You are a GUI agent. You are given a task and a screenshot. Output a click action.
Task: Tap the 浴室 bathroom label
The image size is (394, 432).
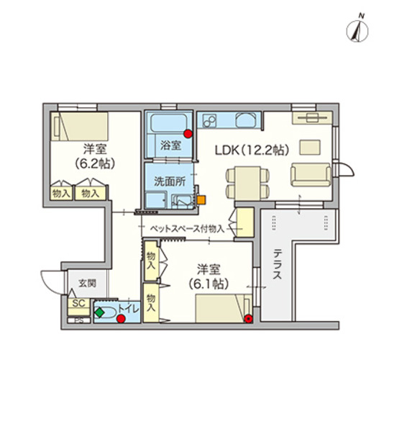pos(170,144)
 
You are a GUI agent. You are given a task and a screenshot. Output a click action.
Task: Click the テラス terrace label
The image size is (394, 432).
pos(278,266)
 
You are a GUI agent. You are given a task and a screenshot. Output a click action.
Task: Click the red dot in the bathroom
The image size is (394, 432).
pos(188,133)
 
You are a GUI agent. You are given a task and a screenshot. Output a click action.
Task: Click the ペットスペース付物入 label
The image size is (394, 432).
pos(186,228)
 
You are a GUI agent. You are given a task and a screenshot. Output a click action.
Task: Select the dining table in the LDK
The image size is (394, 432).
pos(242,181)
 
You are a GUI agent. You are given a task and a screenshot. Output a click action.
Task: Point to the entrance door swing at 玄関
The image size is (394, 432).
pos(52,281)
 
